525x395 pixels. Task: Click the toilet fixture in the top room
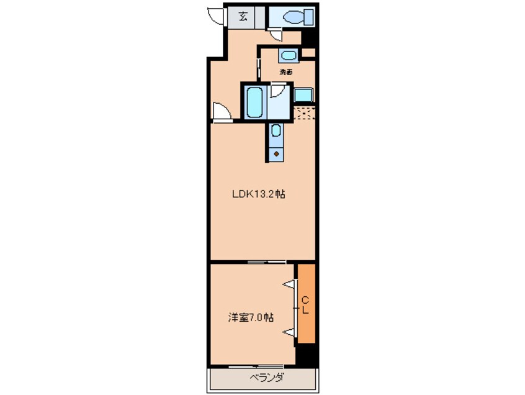click(x=298, y=17)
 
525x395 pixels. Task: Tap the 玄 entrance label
click(x=243, y=17)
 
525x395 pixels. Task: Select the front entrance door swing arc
click(x=215, y=16)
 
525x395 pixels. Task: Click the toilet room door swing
click(x=276, y=35)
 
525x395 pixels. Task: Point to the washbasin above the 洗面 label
click(x=289, y=55)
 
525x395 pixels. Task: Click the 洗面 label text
click(x=286, y=71)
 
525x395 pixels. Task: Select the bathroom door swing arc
click(x=277, y=91)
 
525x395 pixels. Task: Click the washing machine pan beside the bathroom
click(x=303, y=95)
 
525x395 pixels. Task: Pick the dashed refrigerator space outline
click(x=304, y=113)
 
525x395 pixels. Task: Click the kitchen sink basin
click(x=276, y=130)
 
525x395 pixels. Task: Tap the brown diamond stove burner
click(x=276, y=154)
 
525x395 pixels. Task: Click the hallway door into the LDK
click(x=222, y=111)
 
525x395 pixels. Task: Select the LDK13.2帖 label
click(x=259, y=194)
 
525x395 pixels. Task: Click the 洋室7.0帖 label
click(x=251, y=317)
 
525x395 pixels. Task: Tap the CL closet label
click(x=305, y=304)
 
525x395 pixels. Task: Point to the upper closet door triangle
click(x=290, y=284)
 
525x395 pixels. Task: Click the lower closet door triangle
click(x=290, y=332)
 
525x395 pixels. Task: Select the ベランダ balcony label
click(x=267, y=378)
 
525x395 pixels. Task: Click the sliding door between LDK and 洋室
click(x=266, y=261)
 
